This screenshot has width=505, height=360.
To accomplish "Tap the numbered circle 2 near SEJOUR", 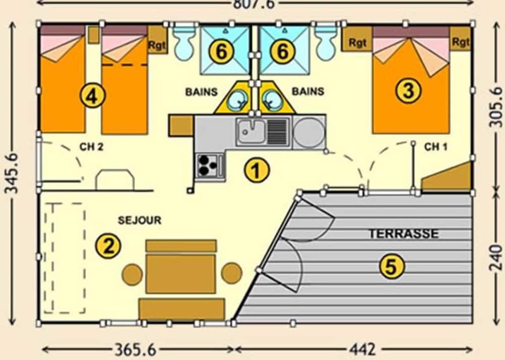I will (109, 246).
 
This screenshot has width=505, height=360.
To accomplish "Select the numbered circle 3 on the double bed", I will (408, 91).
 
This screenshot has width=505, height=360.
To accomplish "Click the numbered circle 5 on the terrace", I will (391, 266).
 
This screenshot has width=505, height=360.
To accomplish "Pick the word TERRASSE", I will (403, 234).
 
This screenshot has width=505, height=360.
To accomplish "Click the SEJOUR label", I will (139, 221).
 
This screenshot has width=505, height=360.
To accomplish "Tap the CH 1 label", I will (435, 147).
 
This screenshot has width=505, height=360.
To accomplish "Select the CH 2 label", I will (91, 147).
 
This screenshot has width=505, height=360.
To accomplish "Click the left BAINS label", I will (201, 92).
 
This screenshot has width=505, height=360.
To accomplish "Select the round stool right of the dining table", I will (232, 273).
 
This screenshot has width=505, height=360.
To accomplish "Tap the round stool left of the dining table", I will (132, 274).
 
